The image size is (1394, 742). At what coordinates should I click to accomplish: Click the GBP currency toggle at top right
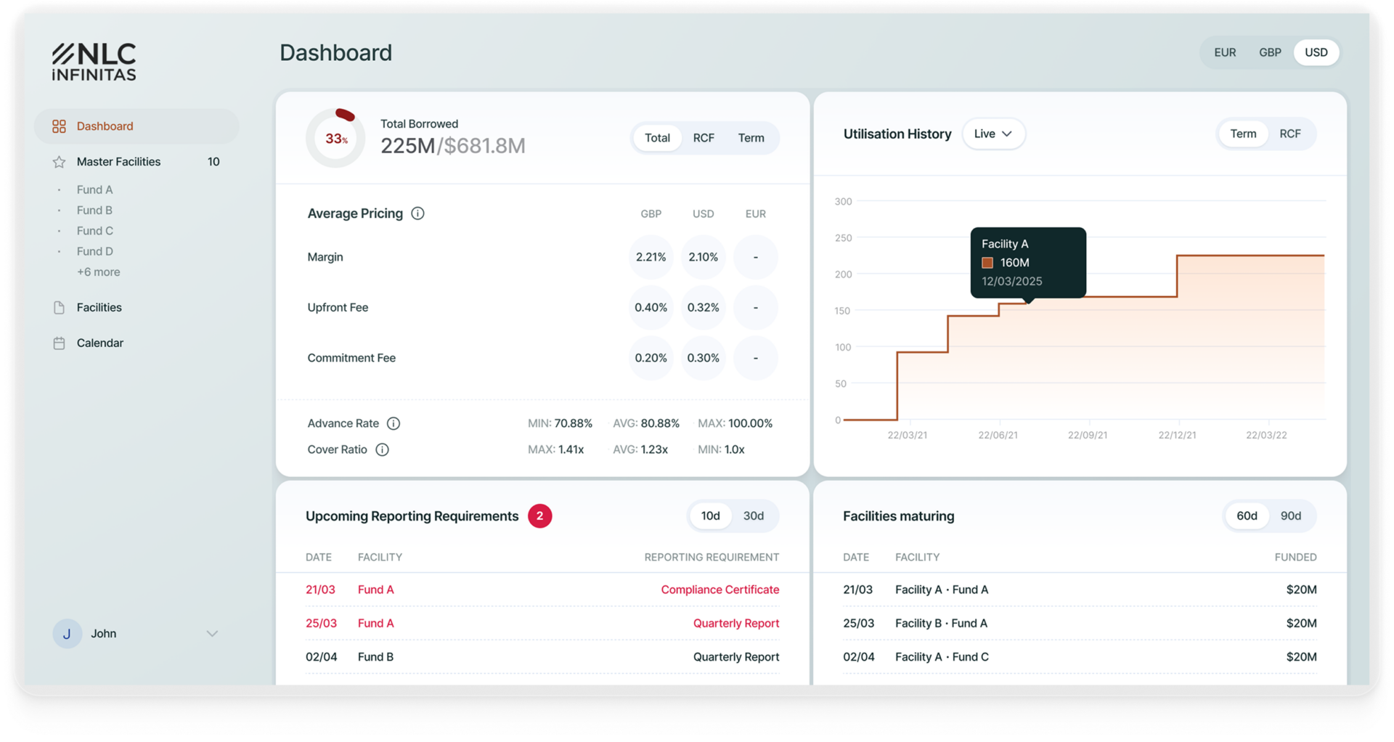coord(1270,52)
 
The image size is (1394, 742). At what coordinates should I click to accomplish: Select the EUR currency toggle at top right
coord(1225,52)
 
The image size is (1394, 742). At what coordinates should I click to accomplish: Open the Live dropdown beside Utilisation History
coord(993,134)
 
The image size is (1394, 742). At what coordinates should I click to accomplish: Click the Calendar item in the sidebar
coord(99,343)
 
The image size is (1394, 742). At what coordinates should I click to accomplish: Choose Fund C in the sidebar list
coord(95,231)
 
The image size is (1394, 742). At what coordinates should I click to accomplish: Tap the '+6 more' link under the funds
coord(99,272)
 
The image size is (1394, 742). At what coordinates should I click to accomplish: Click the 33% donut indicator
coord(335,138)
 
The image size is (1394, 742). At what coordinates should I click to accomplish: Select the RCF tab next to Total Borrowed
coord(704,138)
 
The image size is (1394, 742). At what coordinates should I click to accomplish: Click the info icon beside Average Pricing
coord(417,213)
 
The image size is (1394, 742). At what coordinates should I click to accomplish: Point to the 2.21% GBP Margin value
coord(651,257)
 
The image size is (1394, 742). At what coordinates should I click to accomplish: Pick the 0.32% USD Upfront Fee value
coord(703,307)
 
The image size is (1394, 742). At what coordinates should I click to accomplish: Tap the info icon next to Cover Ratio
coord(382,449)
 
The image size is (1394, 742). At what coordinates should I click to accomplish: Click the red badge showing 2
coord(539,516)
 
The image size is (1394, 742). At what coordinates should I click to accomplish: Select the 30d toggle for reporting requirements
coord(754,516)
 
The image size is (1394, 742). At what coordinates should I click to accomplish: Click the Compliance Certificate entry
coord(720,590)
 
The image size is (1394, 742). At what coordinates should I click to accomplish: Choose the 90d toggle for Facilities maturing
coord(1290,516)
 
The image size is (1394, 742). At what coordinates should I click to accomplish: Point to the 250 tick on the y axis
coord(843,238)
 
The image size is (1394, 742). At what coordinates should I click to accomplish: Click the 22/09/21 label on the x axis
coord(1088,435)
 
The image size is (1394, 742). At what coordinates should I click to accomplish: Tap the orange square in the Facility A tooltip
coord(987,263)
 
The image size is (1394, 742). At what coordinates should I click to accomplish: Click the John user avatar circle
coord(67,634)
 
